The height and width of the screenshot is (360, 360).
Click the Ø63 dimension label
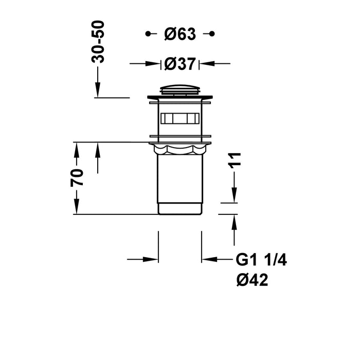tap(180, 34)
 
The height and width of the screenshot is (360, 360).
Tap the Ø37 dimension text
tap(180, 64)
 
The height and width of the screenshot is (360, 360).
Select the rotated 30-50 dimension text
tap(98, 42)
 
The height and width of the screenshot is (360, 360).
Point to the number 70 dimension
tap(77, 177)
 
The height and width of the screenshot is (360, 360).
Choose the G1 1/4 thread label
tap(261, 260)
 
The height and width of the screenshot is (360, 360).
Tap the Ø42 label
tap(252, 280)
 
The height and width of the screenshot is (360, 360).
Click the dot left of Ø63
tap(148, 34)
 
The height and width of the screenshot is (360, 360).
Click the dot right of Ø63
tap(211, 34)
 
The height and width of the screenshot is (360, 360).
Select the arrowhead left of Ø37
tap(154, 64)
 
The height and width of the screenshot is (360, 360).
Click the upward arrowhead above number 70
tap(77, 149)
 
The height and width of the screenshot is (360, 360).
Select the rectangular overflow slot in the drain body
tap(179, 118)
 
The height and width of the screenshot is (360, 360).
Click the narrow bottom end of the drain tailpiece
tap(179, 209)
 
